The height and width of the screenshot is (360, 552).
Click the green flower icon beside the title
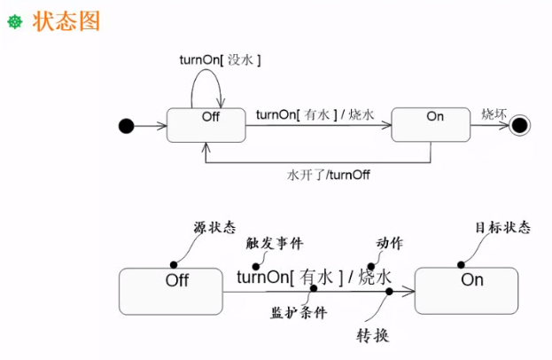[x=15, y=22]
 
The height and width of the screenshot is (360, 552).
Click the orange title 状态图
[x=66, y=21]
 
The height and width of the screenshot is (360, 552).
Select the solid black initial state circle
[x=127, y=126]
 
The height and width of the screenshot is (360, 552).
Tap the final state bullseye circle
[x=519, y=125]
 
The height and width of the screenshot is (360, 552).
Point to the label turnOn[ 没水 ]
[x=220, y=60]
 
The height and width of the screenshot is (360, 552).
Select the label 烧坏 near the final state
[x=494, y=114]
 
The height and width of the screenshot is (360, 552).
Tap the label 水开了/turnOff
[x=329, y=175]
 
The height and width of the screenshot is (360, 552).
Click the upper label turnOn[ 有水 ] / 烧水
[x=315, y=115]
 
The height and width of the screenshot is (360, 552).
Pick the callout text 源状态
[x=214, y=227]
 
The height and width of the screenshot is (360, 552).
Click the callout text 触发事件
[x=275, y=243]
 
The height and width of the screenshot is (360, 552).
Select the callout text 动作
[x=390, y=243]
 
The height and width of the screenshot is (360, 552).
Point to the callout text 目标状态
[x=502, y=227]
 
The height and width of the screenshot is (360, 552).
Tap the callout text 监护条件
[x=299, y=312]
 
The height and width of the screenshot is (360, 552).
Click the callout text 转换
[x=372, y=336]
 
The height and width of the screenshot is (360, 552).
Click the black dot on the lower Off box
[x=174, y=264]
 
